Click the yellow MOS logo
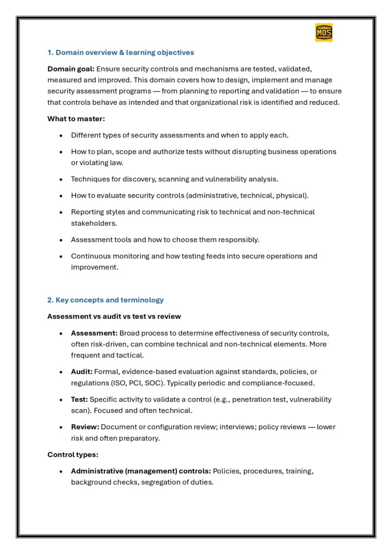pos(324,33)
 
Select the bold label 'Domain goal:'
pos(70,69)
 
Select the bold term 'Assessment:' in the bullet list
pos(94,333)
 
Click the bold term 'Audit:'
pos(82,372)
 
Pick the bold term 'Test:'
pos(79,399)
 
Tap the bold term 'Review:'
pos(84,427)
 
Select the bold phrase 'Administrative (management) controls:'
pos(141,471)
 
